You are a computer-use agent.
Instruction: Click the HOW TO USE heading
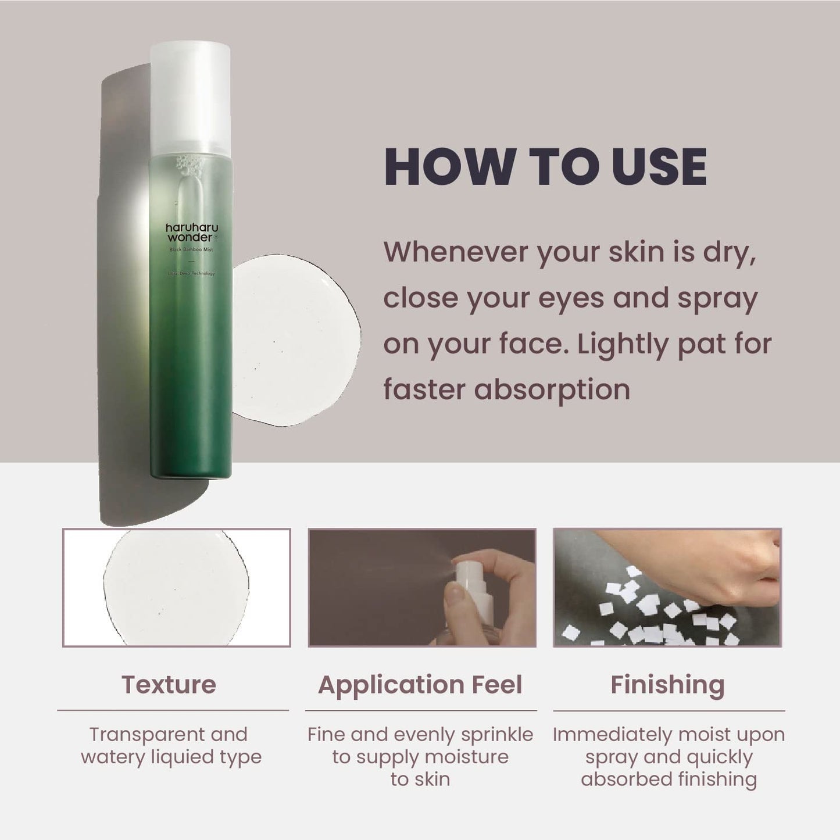point(545,167)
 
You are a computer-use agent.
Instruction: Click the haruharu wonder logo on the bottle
point(190,233)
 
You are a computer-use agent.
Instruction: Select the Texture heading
point(169,685)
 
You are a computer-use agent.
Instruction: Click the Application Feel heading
point(420,685)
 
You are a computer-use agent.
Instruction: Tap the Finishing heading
point(667,685)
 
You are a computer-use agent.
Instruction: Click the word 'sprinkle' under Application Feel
point(497,734)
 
